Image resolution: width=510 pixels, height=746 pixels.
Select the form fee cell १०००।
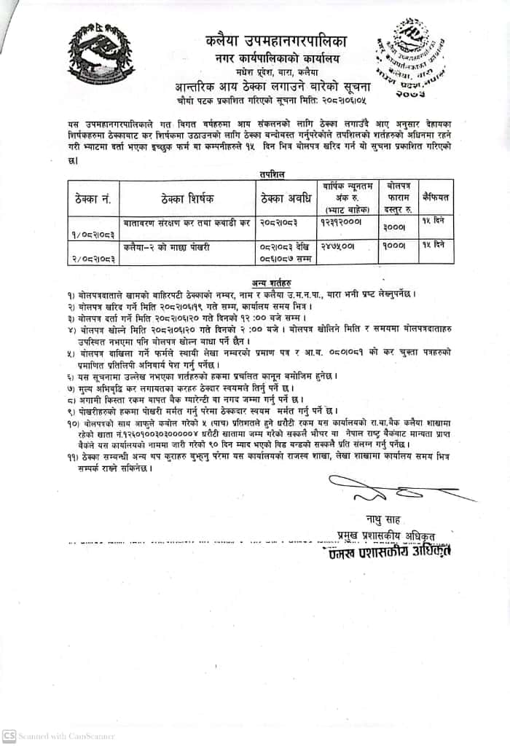click(393, 248)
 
